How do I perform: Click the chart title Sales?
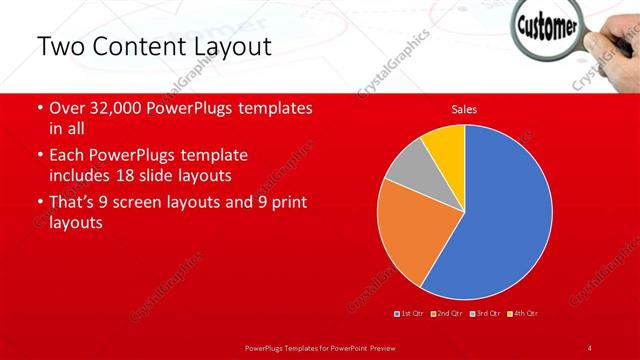tap(464, 108)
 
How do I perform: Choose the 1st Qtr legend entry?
tap(411, 313)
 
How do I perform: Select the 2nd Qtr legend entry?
tap(449, 313)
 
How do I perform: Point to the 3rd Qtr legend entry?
tap(487, 313)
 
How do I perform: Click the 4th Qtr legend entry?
tap(524, 313)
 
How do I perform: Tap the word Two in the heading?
tap(61, 46)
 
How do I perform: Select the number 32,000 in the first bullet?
tap(116, 108)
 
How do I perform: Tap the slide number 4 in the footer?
tap(590, 347)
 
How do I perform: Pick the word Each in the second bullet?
tap(67, 156)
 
